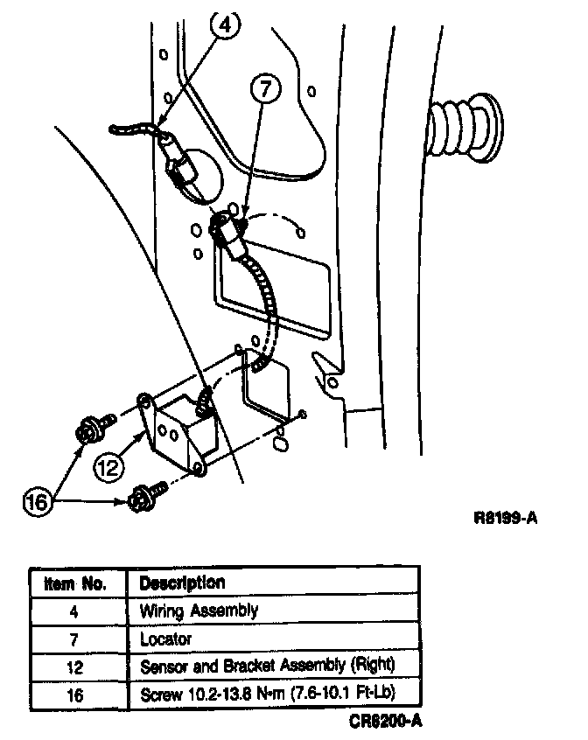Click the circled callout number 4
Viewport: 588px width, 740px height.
pos(225,25)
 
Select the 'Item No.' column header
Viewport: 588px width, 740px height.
pos(75,583)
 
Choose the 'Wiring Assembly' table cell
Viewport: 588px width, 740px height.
pos(199,611)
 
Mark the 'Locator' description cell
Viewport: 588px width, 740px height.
pos(165,639)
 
